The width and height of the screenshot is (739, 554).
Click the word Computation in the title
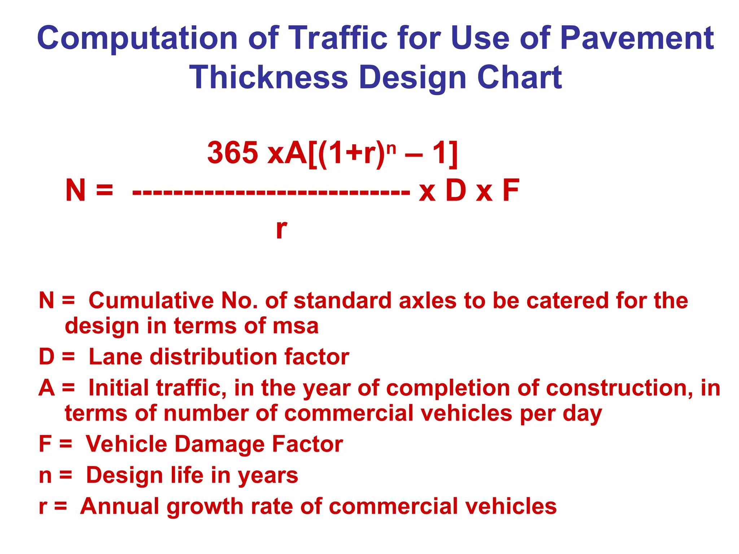pos(137,38)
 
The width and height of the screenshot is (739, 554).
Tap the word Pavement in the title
pos(637,38)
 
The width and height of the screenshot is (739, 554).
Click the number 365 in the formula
pos(233,153)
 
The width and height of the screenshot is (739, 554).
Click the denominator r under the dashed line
pos(281,229)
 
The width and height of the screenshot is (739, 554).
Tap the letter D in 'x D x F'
pos(456,190)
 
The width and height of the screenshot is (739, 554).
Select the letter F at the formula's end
pos(511,190)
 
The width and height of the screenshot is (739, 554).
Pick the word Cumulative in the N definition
pos(151,300)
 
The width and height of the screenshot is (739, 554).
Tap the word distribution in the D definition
pos(213,357)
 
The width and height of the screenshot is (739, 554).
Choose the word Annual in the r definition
pos(119,506)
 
